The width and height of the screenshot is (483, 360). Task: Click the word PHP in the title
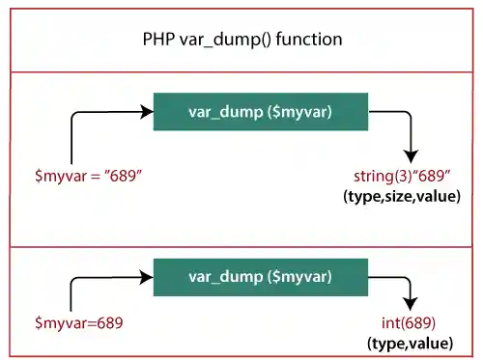(156, 42)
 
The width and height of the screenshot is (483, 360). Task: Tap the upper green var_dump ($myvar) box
(261, 112)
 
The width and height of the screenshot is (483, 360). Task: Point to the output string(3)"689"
(407, 178)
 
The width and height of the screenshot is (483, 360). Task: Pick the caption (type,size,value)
(402, 197)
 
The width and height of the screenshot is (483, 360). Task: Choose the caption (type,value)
(410, 343)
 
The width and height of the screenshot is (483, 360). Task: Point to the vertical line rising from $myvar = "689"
(72, 140)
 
